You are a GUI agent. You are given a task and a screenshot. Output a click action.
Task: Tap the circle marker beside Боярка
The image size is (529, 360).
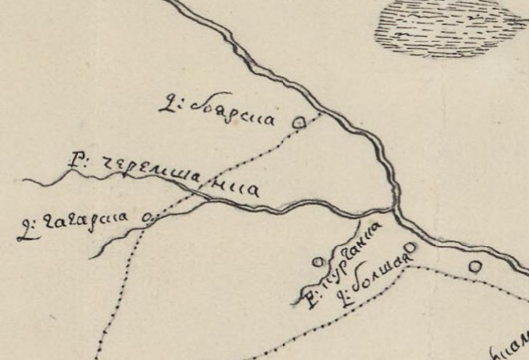pyautogui.click(x=300, y=122)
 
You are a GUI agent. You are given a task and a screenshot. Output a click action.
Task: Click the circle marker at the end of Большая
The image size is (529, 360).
pyautogui.click(x=410, y=247)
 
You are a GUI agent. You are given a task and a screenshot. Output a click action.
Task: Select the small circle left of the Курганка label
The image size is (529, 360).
pyautogui.click(x=317, y=261)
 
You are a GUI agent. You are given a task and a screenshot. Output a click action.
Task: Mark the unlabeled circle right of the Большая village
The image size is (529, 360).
pyautogui.click(x=474, y=265)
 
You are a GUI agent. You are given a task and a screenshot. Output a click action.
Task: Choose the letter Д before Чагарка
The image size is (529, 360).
pyautogui.click(x=22, y=234)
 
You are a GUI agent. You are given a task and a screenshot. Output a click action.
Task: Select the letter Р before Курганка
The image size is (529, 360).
pyautogui.click(x=309, y=301)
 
